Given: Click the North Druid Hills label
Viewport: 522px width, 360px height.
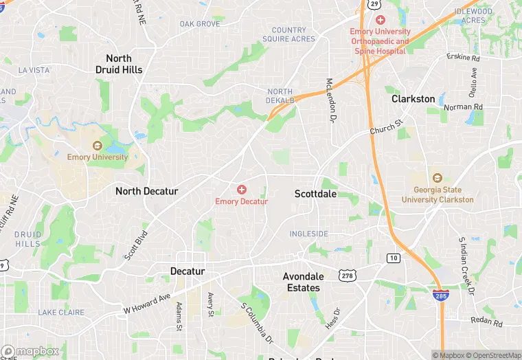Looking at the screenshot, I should (x=119, y=64).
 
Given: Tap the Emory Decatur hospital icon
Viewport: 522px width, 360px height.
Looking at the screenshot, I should (x=242, y=189).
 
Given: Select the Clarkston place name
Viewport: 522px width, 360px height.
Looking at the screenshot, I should (x=413, y=99).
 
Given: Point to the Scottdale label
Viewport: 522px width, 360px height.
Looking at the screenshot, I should (x=316, y=194).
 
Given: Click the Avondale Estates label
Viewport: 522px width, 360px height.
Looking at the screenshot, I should (x=303, y=282).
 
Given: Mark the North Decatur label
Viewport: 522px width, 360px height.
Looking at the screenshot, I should (x=147, y=191).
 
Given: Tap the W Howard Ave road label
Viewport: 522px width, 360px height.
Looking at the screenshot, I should (x=147, y=300).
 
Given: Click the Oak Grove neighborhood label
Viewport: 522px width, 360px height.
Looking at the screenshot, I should (x=200, y=24).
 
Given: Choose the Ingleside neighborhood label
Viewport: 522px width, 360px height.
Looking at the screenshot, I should (x=308, y=234).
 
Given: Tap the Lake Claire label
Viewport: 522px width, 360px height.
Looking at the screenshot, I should (x=61, y=313).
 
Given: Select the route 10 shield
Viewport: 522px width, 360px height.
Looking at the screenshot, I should (x=393, y=258).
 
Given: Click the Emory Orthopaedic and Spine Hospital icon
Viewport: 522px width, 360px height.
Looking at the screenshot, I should (x=380, y=20).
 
